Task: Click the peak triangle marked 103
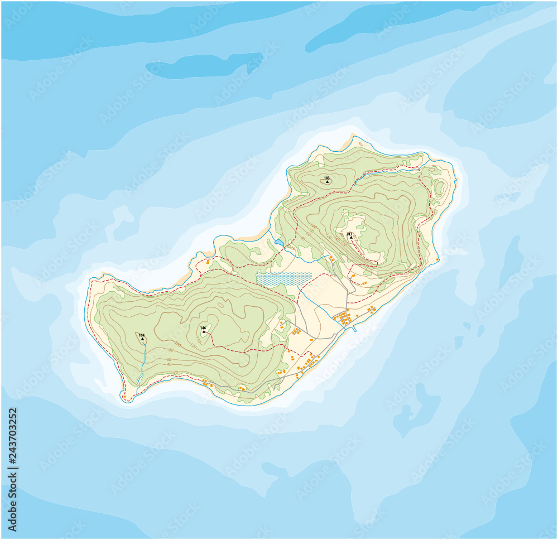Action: pyautogui.click(x=327, y=182)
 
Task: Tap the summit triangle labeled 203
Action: pyautogui.click(x=351, y=238)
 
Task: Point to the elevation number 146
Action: pyautogui.click(x=203, y=328)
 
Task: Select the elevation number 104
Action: pyautogui.click(x=142, y=335)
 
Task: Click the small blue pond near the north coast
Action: pyautogui.click(x=278, y=243)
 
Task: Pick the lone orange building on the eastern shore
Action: pyautogui.click(x=437, y=259)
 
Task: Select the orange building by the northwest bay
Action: pyautogui.click(x=208, y=262)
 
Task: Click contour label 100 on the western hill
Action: pyautogui.click(x=177, y=344)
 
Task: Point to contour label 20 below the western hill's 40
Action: pyautogui.click(x=175, y=372)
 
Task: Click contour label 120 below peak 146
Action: pyautogui.click(x=193, y=346)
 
